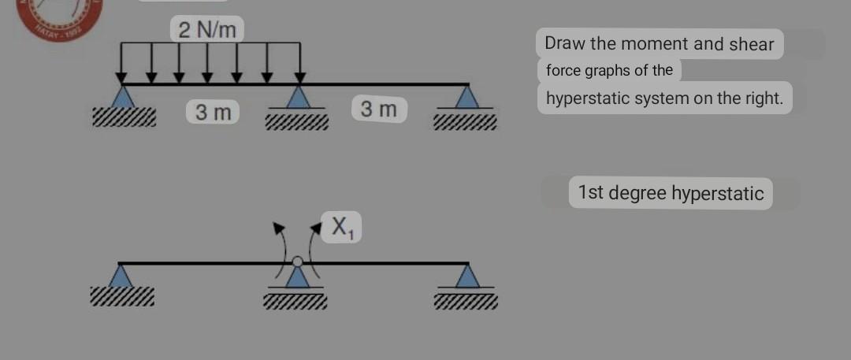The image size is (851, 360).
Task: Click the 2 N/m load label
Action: [207, 31]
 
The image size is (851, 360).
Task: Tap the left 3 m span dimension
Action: [214, 112]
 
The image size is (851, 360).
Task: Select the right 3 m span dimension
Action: [379, 109]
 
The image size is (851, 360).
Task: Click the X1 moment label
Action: [341, 227]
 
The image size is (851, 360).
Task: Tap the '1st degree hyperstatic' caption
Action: [671, 193]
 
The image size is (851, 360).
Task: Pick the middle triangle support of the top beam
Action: [297, 97]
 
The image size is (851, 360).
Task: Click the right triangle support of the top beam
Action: [468, 97]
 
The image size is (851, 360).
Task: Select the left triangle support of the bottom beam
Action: [120, 276]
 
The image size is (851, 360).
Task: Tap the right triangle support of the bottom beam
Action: [468, 276]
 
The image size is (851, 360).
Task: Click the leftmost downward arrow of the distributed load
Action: [121, 63]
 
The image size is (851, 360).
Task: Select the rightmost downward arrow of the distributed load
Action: [299, 63]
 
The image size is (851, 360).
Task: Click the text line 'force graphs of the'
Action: [609, 70]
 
